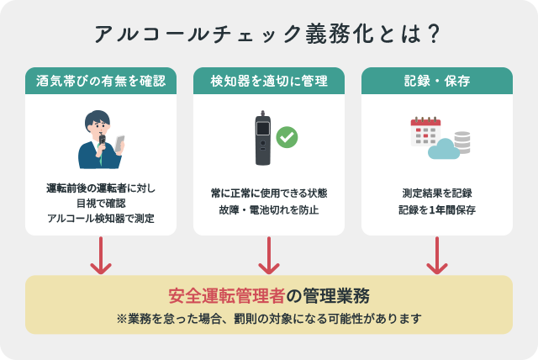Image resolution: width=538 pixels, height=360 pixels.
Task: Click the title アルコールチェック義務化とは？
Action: [269, 34]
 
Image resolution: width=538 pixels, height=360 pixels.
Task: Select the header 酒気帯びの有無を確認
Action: [101, 82]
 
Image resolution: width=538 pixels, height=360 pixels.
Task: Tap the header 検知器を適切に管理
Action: [269, 82]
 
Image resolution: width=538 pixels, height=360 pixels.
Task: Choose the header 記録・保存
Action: [436, 82]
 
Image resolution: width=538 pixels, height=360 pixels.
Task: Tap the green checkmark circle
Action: [287, 136]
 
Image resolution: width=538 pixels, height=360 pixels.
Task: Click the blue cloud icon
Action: [442, 150]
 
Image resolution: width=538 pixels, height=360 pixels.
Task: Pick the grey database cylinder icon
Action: [462, 140]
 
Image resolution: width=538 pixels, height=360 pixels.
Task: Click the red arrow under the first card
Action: [101, 256]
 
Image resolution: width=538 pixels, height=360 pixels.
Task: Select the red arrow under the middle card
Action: [269, 256]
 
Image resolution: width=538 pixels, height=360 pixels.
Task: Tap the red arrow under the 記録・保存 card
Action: [436, 256]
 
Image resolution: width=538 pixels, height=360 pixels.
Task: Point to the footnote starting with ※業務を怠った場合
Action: [269, 320]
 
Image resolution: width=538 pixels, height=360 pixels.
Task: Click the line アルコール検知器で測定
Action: [101, 219]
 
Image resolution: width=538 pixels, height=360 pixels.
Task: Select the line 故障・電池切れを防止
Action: [269, 209]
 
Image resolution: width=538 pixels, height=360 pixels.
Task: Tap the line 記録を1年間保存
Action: [437, 209]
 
